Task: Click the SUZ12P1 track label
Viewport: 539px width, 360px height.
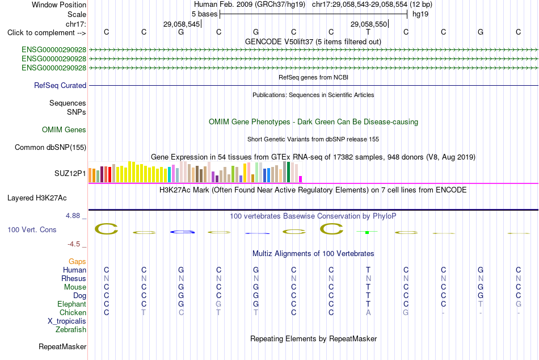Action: (70, 173)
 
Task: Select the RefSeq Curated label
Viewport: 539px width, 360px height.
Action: (60, 85)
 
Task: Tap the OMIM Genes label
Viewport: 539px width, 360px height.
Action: (64, 130)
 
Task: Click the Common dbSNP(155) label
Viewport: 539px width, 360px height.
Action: (50, 147)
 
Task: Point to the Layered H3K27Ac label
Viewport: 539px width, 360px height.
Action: (37, 198)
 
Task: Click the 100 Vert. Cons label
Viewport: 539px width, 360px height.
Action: (32, 229)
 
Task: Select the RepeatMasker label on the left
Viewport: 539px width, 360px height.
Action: (62, 346)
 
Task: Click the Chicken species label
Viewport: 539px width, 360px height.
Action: (73, 312)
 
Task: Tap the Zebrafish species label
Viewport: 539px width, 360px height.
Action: (71, 329)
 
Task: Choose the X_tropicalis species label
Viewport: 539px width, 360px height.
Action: (67, 321)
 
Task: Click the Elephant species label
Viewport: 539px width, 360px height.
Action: (72, 304)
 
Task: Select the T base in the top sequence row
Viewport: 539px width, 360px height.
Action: (368, 32)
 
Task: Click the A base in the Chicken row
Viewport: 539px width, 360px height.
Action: (368, 312)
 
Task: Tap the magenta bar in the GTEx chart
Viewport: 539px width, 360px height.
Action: (301, 179)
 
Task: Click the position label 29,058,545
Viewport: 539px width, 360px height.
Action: (182, 24)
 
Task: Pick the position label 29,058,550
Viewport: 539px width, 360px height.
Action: (369, 24)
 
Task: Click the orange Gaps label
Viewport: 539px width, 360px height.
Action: (77, 262)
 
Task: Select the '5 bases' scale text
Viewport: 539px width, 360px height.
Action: (204, 14)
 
